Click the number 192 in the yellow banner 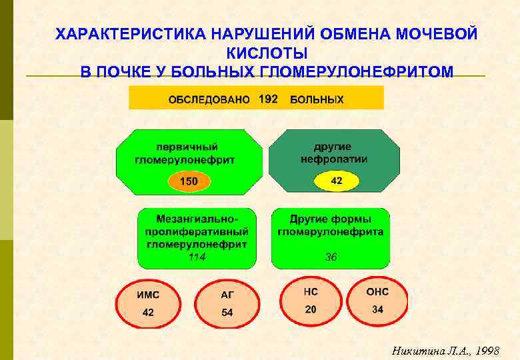coord(268,99)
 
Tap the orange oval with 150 coord(189,181)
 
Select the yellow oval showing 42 coord(337,181)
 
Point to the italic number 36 coord(331,257)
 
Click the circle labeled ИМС coord(148,303)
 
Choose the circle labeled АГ coord(227,303)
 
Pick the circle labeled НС coord(311,301)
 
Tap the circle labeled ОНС coord(377,301)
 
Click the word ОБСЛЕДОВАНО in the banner coord(209,100)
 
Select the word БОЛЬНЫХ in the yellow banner coord(317,100)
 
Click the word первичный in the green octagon coord(187,147)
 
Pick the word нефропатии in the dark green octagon coord(334,159)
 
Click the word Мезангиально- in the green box coord(197,219)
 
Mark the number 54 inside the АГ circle coord(227,313)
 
